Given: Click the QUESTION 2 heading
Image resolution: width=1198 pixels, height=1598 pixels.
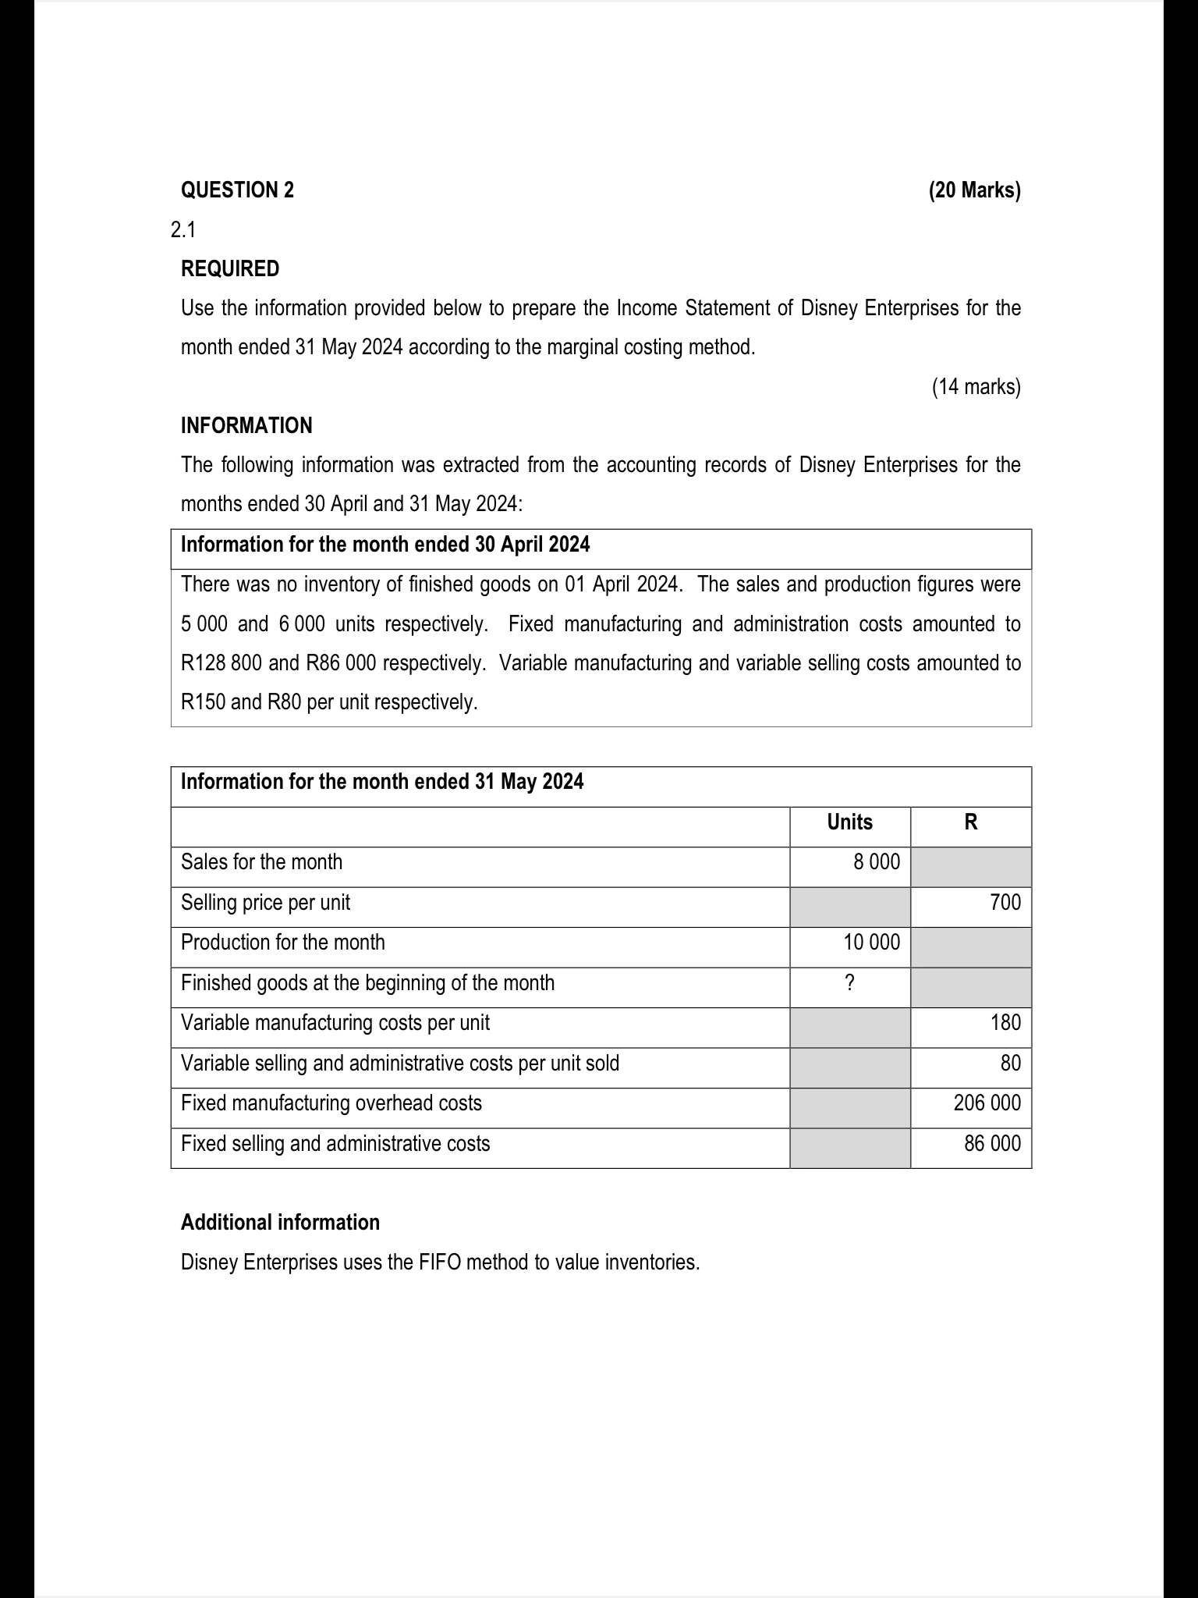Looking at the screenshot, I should point(237,190).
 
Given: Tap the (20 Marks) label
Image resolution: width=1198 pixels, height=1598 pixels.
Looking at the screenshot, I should point(974,190).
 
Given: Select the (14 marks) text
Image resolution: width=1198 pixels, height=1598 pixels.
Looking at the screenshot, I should point(976,386).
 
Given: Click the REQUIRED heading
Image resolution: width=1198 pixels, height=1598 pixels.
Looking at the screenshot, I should point(229,268).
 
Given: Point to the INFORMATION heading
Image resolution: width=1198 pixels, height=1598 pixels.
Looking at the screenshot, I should point(246,425).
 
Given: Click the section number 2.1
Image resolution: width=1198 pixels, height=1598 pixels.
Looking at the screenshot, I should point(183,229).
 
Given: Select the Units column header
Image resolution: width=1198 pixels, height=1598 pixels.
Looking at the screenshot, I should point(849,822).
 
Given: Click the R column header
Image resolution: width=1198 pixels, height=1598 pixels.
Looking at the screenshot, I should point(970,822).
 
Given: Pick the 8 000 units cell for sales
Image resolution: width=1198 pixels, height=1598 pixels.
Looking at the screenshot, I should point(876,862).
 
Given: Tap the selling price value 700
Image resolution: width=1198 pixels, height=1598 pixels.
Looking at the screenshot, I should point(1005,903).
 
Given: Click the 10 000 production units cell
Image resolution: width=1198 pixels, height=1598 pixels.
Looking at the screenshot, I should point(871,943).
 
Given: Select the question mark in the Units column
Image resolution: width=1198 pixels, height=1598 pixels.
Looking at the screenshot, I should point(849,983).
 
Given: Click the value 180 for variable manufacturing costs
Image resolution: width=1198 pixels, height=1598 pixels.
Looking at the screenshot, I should point(1005,1023).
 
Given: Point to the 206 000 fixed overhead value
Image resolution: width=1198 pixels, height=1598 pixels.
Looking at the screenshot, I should point(987,1103).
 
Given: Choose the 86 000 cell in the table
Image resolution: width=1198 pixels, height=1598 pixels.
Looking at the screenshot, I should point(991,1144).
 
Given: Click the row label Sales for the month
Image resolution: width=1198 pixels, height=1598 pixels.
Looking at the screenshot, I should point(261,862).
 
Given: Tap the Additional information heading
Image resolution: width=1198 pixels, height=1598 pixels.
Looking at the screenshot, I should point(280,1222).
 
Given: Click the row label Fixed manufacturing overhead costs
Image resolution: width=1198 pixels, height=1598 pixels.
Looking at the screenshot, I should point(331,1103).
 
